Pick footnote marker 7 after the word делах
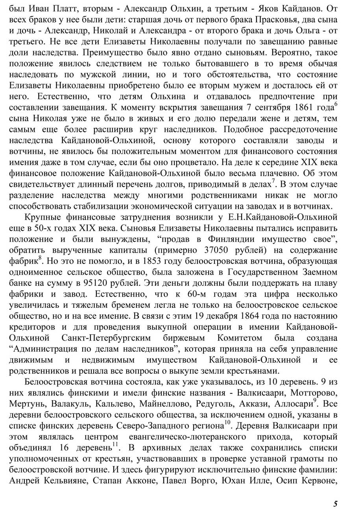(x=273, y=180)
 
